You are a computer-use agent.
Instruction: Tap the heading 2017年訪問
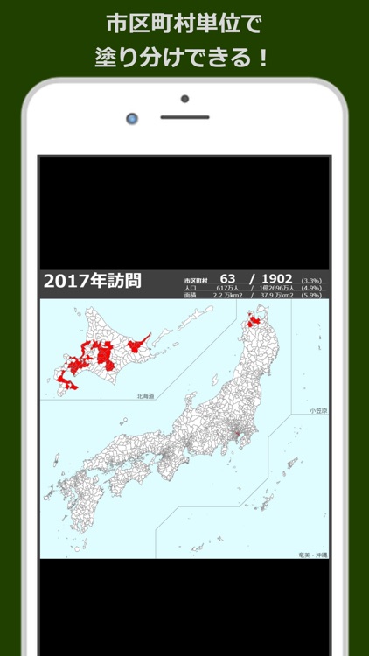coord(92,281)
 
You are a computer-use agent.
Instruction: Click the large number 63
coord(229,278)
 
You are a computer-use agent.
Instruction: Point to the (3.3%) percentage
coord(312,279)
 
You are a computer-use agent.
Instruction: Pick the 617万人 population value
coord(227,288)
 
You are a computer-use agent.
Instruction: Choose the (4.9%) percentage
coord(312,288)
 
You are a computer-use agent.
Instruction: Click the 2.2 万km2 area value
coord(227,296)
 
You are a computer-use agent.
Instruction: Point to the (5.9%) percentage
coord(312,296)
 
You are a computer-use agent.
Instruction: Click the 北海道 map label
coord(145,396)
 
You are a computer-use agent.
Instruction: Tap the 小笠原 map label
coord(317,410)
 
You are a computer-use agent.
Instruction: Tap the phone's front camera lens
coord(132,117)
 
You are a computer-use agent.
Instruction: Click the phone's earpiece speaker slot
coord(184,117)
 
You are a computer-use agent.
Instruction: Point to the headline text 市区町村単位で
coord(184,24)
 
